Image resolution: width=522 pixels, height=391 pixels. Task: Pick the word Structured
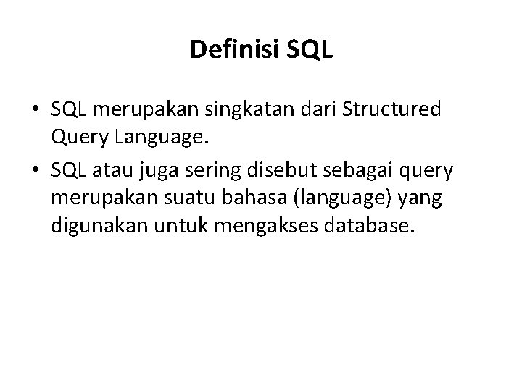[x=394, y=111]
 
